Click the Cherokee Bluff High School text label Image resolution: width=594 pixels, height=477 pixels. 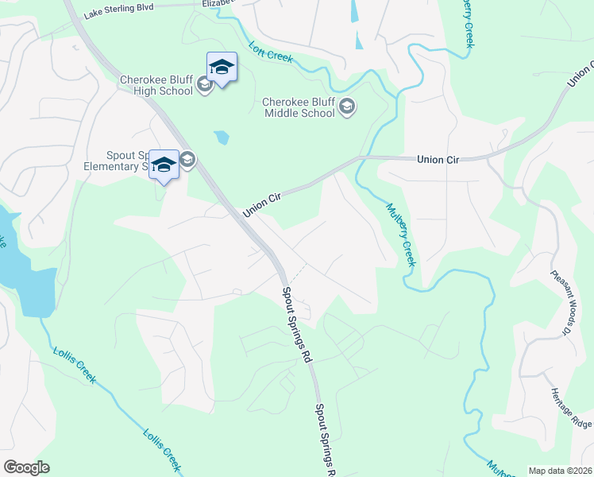tap(156, 85)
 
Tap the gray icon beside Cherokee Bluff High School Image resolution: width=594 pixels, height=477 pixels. tap(204, 85)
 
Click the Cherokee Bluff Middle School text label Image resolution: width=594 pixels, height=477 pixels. tap(299, 107)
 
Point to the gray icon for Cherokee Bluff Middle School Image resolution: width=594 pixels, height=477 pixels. tap(346, 107)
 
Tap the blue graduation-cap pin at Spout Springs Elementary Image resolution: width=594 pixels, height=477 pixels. tap(164, 165)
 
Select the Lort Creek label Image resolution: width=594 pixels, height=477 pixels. tap(271, 52)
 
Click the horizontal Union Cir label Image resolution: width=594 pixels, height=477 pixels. tap(438, 160)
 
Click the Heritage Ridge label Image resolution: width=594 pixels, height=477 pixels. tap(570, 409)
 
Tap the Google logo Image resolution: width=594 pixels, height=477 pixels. tap(26, 467)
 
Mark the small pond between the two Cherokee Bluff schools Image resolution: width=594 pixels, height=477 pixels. tap(221, 138)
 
